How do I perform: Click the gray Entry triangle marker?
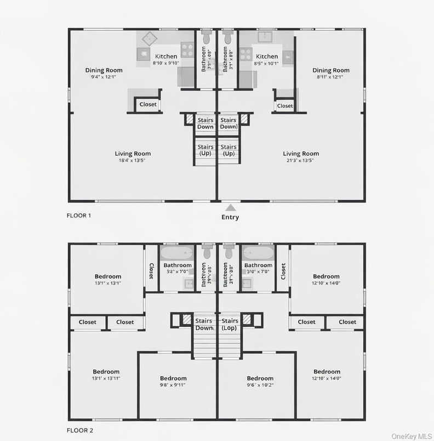coord(231,207)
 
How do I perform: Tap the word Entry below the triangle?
coord(230,217)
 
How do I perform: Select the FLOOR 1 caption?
coord(79,216)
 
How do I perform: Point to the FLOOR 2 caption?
coord(79,431)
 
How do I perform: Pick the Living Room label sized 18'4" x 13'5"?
coord(133,157)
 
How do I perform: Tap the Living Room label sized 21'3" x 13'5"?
coord(301,157)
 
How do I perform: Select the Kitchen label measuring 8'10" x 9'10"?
coord(166,59)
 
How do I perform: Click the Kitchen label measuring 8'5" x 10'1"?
coord(267,59)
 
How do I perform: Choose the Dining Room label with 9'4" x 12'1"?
coord(104,73)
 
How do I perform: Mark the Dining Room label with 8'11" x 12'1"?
coord(331,73)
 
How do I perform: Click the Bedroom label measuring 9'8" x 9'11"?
coord(173,381)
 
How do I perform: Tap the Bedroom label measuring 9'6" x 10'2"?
coord(260,381)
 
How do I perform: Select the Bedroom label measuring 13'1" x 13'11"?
coord(106,375)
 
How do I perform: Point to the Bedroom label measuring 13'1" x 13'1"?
coord(107,280)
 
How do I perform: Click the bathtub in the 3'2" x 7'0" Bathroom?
coord(177,253)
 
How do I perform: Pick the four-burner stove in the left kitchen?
coord(187,50)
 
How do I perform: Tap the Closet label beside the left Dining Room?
coord(148,104)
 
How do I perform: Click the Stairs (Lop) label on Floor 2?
coord(230,324)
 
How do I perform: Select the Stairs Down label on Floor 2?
coord(204,324)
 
